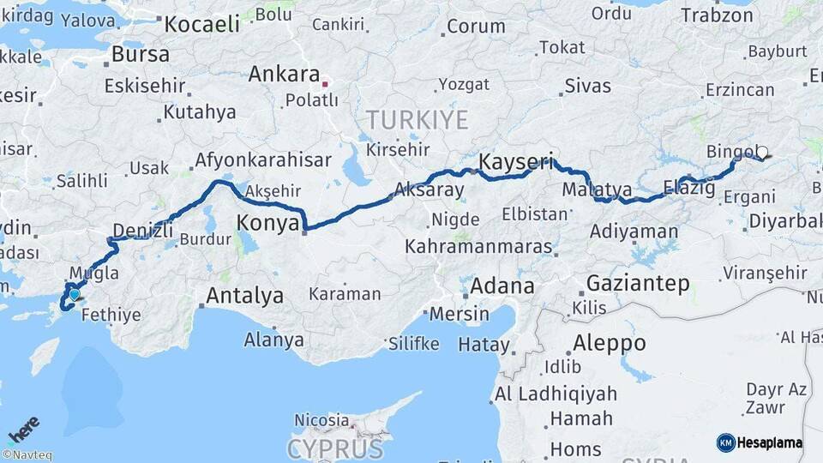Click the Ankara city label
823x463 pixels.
[284, 75]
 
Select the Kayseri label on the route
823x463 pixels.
[515, 161]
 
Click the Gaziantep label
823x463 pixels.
[638, 284]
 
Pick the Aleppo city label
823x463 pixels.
[610, 343]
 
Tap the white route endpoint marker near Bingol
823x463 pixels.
[762, 153]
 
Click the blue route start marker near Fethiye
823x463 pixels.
[75, 294]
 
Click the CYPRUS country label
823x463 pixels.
[335, 448]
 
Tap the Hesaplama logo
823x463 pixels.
[760, 442]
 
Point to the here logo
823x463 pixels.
[24, 430]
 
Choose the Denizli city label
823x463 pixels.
[142, 230]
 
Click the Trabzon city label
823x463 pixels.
[717, 15]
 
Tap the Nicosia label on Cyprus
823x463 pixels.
[321, 420]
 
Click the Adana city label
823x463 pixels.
[502, 286]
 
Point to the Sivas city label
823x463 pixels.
[588, 86]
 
